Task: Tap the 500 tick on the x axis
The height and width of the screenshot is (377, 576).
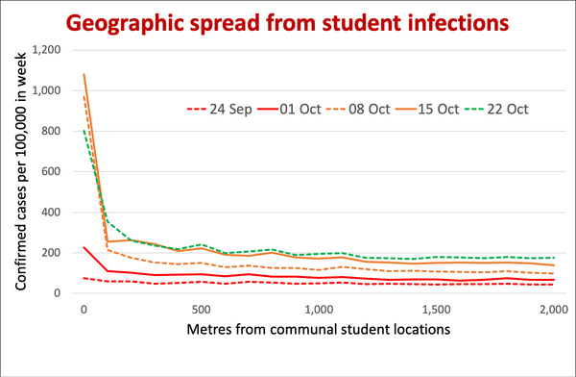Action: pos(202,311)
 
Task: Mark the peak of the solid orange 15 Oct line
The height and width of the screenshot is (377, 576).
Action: pos(84,74)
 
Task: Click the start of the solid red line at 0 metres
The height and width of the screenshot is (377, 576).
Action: pos(84,247)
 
